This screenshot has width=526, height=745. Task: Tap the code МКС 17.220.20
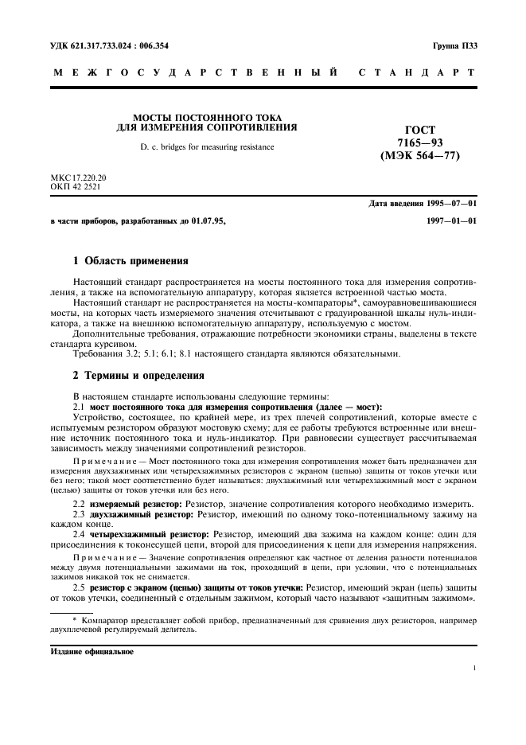(78, 177)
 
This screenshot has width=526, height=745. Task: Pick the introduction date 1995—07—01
(450, 205)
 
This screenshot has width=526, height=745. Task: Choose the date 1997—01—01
(450, 221)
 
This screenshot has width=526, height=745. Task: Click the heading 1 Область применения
(131, 260)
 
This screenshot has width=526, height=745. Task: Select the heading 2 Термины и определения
(138, 374)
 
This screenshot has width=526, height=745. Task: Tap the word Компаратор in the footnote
(100, 618)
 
